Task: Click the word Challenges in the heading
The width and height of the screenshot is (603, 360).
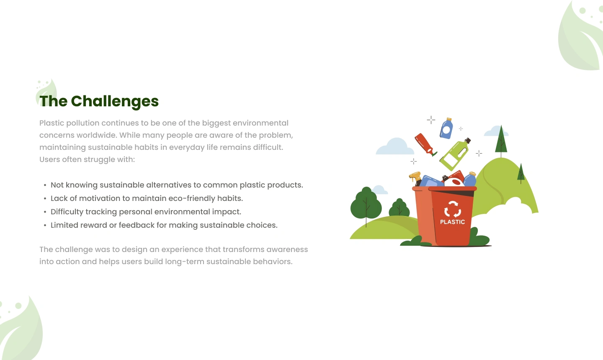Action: click(115, 101)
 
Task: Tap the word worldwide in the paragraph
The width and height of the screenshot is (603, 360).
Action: click(97, 135)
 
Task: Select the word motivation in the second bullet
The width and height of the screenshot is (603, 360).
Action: click(99, 198)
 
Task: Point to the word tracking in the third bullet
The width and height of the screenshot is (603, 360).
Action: click(101, 212)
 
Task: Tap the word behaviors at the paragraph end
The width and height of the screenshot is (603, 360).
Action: click(272, 262)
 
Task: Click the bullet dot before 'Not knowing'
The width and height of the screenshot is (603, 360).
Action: click(45, 185)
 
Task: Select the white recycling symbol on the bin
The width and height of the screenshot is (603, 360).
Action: click(452, 209)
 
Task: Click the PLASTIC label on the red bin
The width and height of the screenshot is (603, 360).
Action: click(452, 222)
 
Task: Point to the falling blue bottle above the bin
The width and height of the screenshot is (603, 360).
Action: click(446, 129)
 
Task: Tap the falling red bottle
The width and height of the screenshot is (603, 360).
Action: click(425, 144)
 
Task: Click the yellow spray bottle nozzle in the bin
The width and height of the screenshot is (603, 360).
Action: click(415, 177)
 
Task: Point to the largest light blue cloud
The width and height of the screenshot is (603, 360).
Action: click(394, 147)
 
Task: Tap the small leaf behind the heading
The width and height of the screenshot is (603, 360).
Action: click(46, 92)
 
